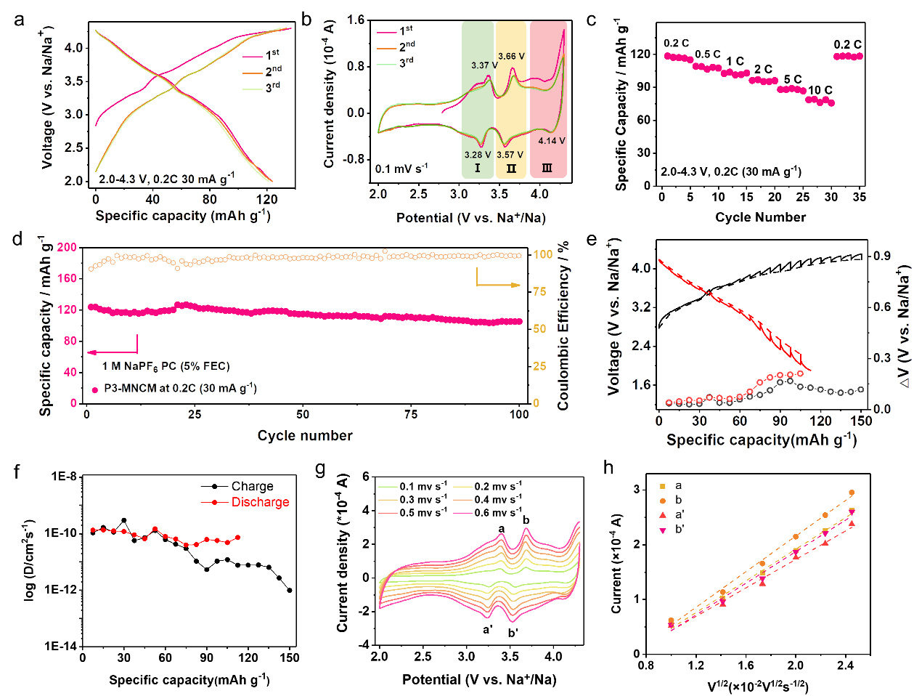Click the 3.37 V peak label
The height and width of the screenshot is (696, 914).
tap(484, 65)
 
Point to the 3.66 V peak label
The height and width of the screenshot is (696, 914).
tap(511, 56)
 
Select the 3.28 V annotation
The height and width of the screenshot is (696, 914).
tap(478, 155)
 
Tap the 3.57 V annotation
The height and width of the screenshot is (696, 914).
tap(510, 155)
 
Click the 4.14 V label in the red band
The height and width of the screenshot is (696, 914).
tap(552, 141)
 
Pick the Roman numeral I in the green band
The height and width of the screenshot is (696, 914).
tap(477, 169)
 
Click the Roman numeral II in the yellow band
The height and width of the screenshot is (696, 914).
tap(511, 169)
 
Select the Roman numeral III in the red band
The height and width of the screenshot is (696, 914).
tap(547, 169)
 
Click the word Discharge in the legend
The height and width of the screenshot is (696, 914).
tap(260, 502)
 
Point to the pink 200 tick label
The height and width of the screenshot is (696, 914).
tap(67, 247)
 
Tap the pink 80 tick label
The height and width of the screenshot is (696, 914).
tap(70, 341)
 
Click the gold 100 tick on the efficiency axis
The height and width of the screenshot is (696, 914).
tap(543, 254)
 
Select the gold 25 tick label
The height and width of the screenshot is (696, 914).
tap(539, 366)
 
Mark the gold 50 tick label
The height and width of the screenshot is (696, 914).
tap(539, 329)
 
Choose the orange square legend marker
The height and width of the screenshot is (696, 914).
tap(663, 486)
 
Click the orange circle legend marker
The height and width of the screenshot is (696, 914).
tap(663, 501)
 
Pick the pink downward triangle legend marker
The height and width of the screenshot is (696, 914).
tap(663, 531)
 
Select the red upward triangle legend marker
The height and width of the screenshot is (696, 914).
tap(663, 515)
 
